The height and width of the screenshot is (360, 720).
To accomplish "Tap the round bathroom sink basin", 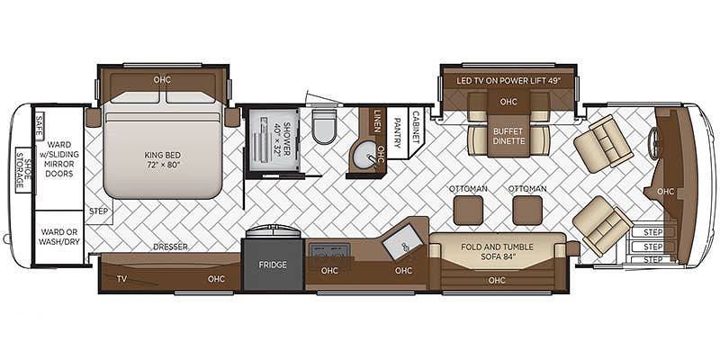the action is point(367,157).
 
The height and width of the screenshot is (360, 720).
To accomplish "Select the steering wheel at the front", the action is point(654,137).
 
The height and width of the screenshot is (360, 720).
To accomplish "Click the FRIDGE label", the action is point(273,265).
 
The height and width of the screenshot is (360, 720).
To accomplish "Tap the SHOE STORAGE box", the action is point(22,169).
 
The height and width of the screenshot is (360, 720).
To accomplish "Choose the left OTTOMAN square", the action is point(468,210).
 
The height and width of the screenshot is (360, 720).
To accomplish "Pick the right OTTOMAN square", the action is point(527,210).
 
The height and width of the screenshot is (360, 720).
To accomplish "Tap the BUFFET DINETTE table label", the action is point(508,136).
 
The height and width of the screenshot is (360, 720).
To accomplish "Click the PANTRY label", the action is point(397,132).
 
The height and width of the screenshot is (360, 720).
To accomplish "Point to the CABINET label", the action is point(417,126).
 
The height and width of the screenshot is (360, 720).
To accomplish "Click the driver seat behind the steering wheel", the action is point(603,143).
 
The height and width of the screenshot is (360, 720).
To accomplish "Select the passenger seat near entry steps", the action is point(602,226).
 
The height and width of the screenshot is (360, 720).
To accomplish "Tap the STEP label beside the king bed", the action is point(99,211).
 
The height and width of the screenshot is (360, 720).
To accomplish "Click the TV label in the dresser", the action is point(121,278).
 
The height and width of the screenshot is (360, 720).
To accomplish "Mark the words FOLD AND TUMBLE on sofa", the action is point(498,247).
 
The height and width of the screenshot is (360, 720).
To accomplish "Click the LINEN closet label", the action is point(377,121).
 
